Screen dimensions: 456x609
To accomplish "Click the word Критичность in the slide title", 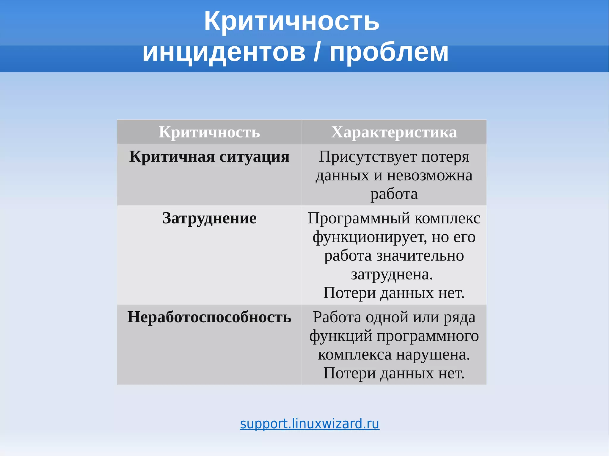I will pyautogui.click(x=291, y=21).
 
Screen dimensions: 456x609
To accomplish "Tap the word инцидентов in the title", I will pyautogui.click(x=224, y=53).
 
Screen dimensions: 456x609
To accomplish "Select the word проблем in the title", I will pyautogui.click(x=389, y=53).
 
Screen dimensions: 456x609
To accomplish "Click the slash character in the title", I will pyautogui.click(x=318, y=53).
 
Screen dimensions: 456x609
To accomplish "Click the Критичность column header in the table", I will pyautogui.click(x=209, y=132).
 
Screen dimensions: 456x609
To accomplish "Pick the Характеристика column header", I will pyautogui.click(x=394, y=132).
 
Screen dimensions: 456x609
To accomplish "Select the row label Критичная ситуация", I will pyautogui.click(x=209, y=157).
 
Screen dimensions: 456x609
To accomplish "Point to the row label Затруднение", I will pyautogui.click(x=209, y=218).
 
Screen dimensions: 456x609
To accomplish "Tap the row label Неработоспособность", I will pyautogui.click(x=209, y=317).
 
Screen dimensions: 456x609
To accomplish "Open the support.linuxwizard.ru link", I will pyautogui.click(x=310, y=424).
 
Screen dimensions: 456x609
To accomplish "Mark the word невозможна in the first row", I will pyautogui.click(x=429, y=176).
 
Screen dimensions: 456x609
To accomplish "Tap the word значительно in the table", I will pyautogui.click(x=420, y=256).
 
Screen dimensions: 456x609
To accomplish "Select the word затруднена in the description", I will pyautogui.click(x=390, y=274).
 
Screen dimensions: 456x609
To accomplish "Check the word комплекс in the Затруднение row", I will pyautogui.click(x=448, y=219).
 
